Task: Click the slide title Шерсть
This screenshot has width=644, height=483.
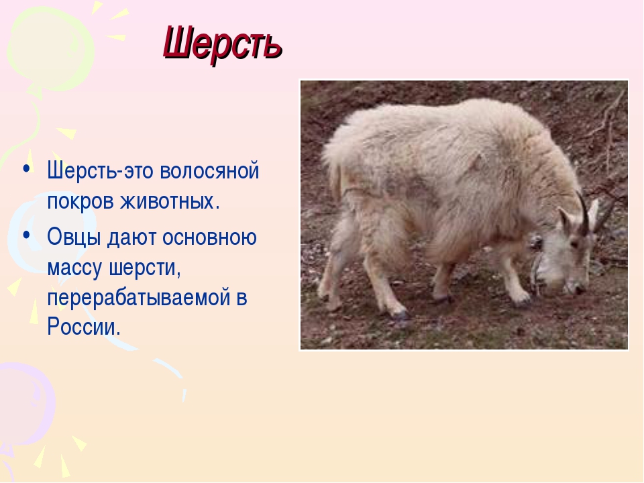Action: [223, 44]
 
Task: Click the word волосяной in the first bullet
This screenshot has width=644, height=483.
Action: [209, 170]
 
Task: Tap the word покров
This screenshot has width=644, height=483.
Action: [80, 202]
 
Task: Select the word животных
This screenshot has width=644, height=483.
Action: [170, 201]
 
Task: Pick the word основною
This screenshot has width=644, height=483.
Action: [209, 237]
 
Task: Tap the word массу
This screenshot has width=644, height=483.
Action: [74, 268]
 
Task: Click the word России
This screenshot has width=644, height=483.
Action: [84, 327]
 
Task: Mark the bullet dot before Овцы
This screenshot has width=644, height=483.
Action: [27, 235]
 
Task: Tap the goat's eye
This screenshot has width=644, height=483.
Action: [575, 245]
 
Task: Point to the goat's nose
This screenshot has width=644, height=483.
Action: [578, 289]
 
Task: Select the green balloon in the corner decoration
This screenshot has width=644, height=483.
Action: [50, 52]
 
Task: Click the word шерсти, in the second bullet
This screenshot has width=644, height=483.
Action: [145, 268]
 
